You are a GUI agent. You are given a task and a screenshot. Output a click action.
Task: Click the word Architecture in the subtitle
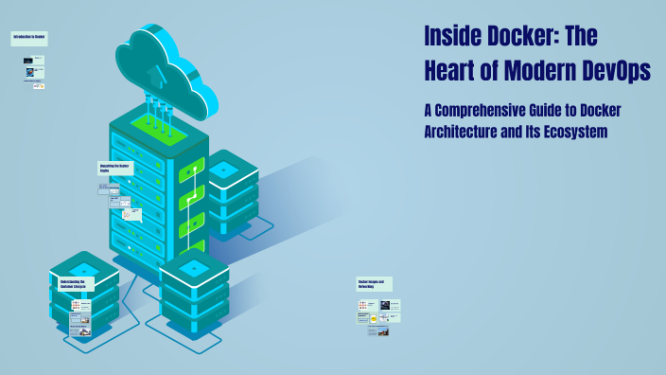pos(468,132)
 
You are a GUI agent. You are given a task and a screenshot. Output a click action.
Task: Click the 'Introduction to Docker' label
pos(29,38)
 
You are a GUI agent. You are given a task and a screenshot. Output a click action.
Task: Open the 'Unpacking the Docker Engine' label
pos(115,168)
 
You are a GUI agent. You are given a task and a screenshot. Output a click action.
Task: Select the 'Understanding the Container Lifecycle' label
pos(73,283)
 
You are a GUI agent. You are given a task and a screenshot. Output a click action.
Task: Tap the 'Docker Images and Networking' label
pos(374,283)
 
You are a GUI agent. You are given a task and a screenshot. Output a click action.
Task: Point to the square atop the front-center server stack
pos(193,267)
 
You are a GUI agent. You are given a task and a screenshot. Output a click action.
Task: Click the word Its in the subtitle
pos(527,132)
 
